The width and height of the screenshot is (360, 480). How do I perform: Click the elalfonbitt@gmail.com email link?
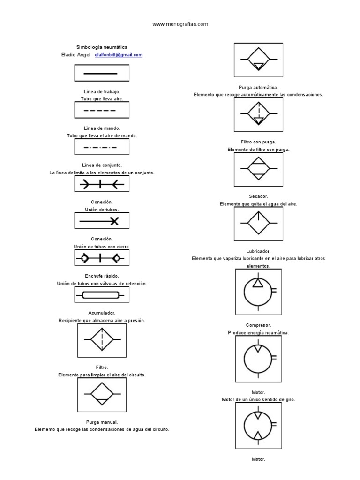pyautogui.click(x=119, y=55)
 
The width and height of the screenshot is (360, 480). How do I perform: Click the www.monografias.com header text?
pyautogui.click(x=180, y=24)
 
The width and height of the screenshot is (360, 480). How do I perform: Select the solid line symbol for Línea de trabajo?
pyautogui.click(x=100, y=74)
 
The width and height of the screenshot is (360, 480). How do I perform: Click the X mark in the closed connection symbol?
pyautogui.click(x=114, y=221)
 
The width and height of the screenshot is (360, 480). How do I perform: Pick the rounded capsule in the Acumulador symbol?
pyautogui.click(x=100, y=295)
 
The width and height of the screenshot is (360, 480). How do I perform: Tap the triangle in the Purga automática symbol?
pyautogui.click(x=258, y=66)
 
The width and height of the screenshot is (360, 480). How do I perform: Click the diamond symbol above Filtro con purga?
pyautogui.click(x=258, y=114)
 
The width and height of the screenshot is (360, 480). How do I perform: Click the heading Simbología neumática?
pyautogui.click(x=102, y=47)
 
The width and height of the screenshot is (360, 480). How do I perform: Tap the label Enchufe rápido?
pyautogui.click(x=102, y=276)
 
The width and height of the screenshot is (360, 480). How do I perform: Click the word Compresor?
pyautogui.click(x=258, y=325)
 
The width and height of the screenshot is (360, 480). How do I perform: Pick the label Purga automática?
pyautogui.click(x=258, y=87)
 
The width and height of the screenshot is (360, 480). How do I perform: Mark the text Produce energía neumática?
pyautogui.click(x=258, y=332)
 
